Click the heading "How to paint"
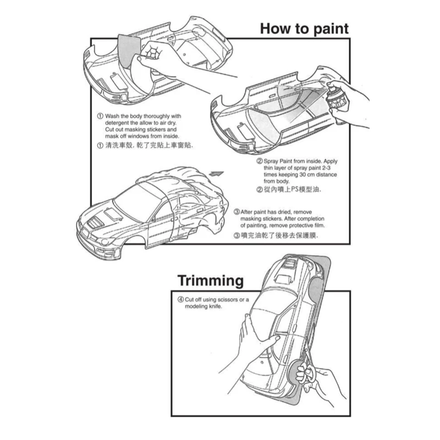pyautogui.click(x=304, y=28)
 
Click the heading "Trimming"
pyautogui.click(x=211, y=281)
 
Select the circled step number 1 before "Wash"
pyautogui.click(x=100, y=117)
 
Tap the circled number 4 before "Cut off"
pyautogui.click(x=180, y=299)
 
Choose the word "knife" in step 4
pyautogui.click(x=214, y=306)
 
